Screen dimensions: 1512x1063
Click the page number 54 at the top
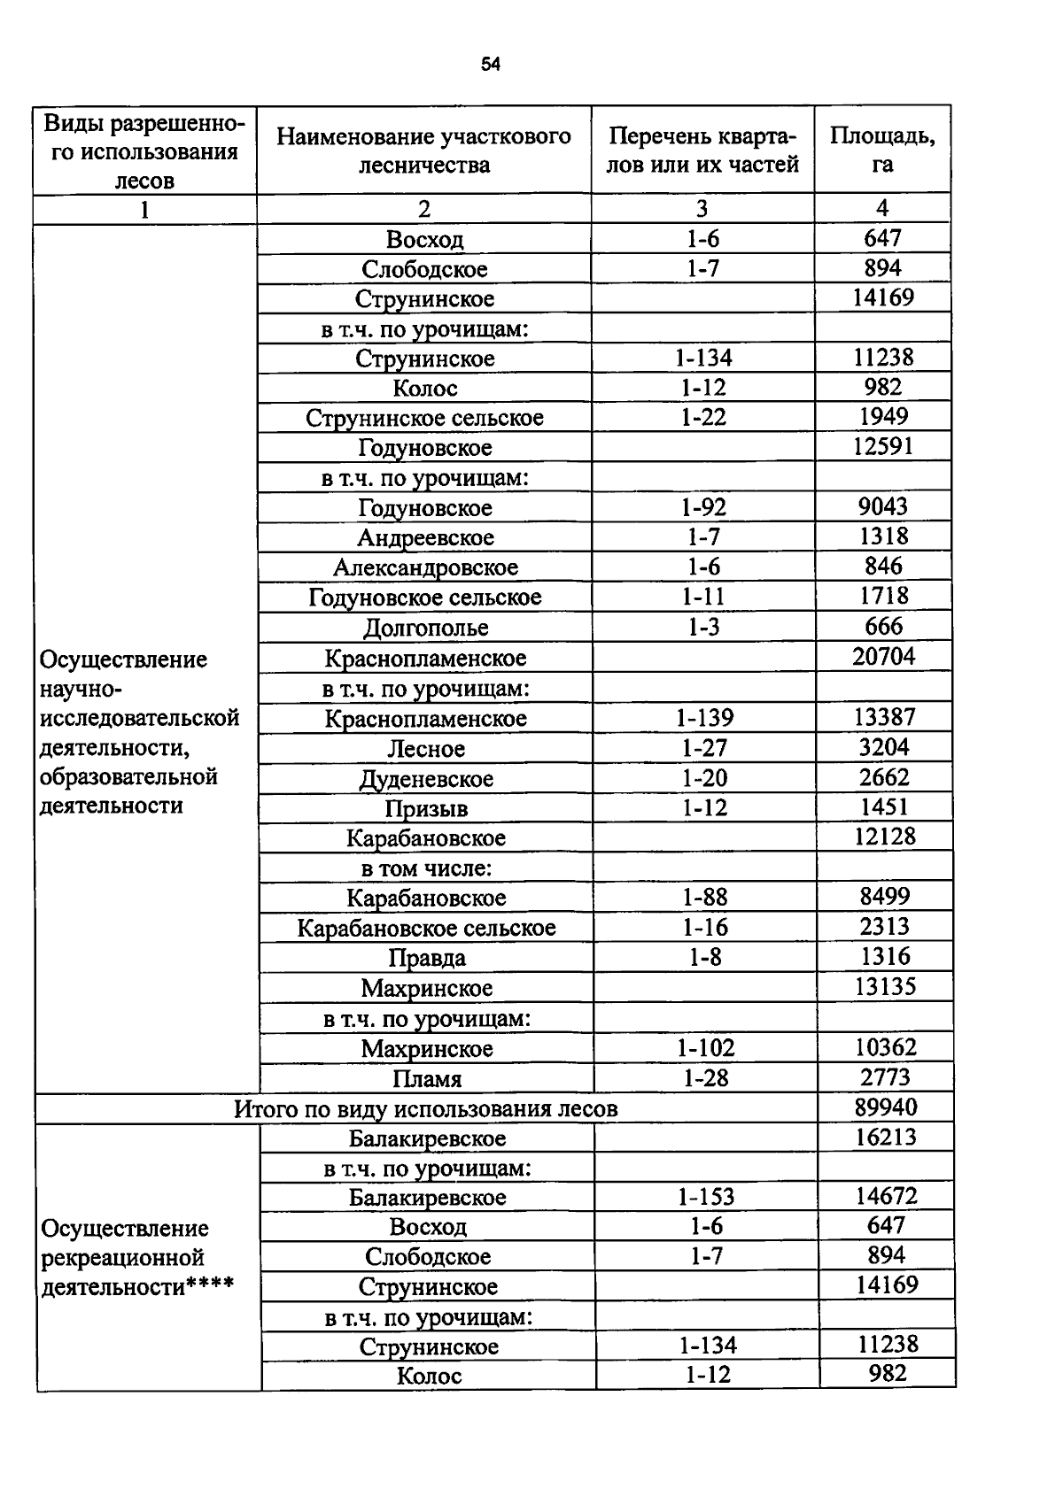491,64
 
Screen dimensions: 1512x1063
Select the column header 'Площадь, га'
881,150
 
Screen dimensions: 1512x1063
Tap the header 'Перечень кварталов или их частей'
702,150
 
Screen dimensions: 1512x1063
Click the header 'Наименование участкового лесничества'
423,150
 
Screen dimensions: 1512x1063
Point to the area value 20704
883,657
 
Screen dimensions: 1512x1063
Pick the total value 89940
886,1107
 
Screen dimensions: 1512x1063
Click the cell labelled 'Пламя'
427,1079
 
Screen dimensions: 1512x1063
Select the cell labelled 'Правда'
427,958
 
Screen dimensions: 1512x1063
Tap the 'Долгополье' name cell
426,628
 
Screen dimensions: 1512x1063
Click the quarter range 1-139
704,718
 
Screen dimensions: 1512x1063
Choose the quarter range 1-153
706,1197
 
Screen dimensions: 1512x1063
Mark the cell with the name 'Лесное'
426,749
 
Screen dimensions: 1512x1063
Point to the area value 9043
883,506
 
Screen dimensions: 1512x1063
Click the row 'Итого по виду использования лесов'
425,1109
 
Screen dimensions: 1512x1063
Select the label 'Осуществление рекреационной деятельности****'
137,1257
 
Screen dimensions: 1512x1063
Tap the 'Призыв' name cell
426,809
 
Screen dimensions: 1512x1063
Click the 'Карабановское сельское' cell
426,928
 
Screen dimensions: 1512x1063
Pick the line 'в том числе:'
426,868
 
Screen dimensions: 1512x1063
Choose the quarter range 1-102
706,1048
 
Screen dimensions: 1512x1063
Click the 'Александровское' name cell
425,567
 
